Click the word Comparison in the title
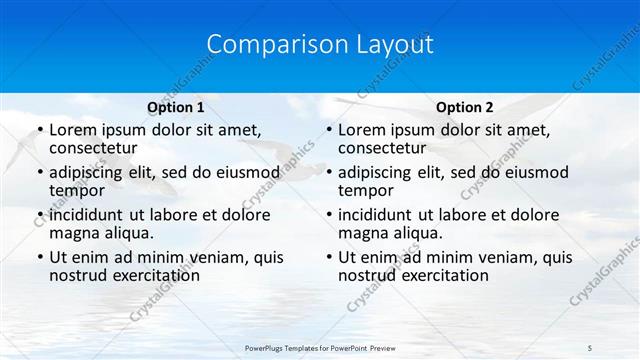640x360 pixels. click(265, 45)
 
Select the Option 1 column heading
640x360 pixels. click(176, 107)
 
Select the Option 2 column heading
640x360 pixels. click(465, 107)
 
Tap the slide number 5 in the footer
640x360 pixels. click(590, 346)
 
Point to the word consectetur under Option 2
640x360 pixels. click(382, 149)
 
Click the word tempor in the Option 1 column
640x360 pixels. click(78, 191)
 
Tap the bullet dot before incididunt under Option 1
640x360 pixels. click(39, 215)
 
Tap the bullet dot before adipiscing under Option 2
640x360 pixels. click(328, 173)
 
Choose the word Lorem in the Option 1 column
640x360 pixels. click(73, 130)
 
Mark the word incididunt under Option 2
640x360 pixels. click(379, 215)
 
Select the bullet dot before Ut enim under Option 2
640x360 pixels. click(328, 257)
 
